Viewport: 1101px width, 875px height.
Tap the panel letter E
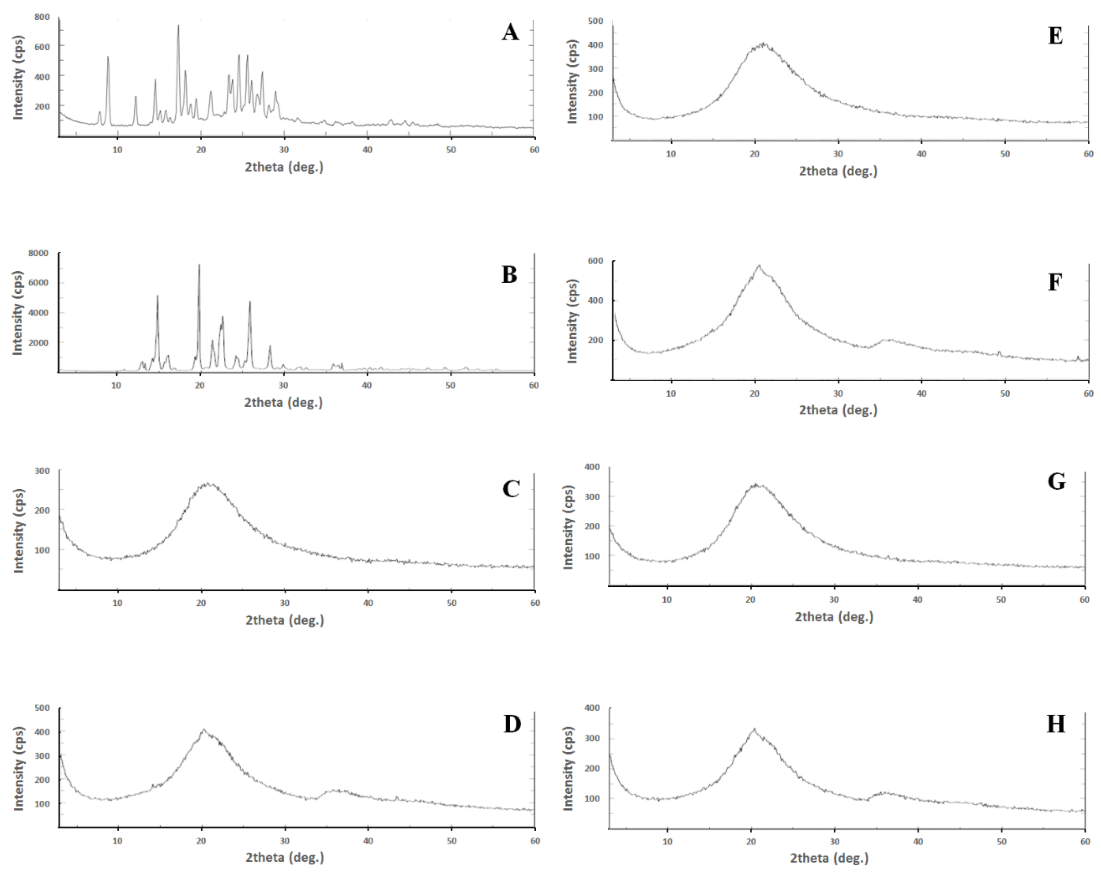[x=1055, y=36]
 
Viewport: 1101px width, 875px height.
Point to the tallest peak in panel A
[x=178, y=25]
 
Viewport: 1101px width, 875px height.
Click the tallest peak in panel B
[x=199, y=265]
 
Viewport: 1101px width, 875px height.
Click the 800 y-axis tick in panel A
[x=42, y=17]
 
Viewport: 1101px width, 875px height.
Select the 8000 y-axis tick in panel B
[x=38, y=253]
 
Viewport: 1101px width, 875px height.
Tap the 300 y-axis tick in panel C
[x=42, y=471]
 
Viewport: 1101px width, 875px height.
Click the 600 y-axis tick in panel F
[x=595, y=261]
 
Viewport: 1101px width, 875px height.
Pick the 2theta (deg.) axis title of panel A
[x=284, y=167]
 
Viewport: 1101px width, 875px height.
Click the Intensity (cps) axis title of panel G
[x=568, y=527]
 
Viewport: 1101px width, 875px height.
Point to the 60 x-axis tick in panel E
[x=1088, y=154]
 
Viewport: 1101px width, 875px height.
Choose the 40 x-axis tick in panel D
[x=368, y=841]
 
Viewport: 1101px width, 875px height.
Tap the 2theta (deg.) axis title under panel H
[x=829, y=858]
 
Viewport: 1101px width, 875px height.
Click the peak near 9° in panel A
[x=108, y=57]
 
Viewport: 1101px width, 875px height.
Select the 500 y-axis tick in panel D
[x=42, y=708]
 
